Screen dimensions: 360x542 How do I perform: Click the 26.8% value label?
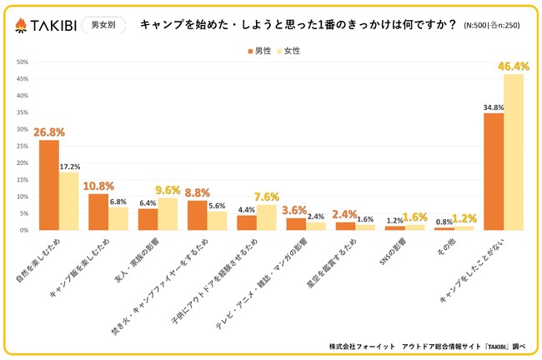click(x=49, y=132)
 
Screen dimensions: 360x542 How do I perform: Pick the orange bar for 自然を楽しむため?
click(x=49, y=185)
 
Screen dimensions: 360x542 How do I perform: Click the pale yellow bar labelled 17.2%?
click(x=68, y=201)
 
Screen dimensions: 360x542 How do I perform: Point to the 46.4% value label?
click(x=514, y=65)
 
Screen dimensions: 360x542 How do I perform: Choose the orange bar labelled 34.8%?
click(x=494, y=171)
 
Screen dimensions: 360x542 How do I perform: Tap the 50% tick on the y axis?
click(x=23, y=62)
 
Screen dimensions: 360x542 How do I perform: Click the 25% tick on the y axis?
click(x=23, y=146)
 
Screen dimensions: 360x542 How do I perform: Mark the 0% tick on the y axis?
click(x=24, y=230)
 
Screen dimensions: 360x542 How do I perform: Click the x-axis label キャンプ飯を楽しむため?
click(x=88, y=260)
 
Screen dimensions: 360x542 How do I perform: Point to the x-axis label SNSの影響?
click(x=399, y=250)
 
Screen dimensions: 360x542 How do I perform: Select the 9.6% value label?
click(x=169, y=189)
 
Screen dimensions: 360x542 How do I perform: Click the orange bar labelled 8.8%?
click(x=197, y=215)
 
